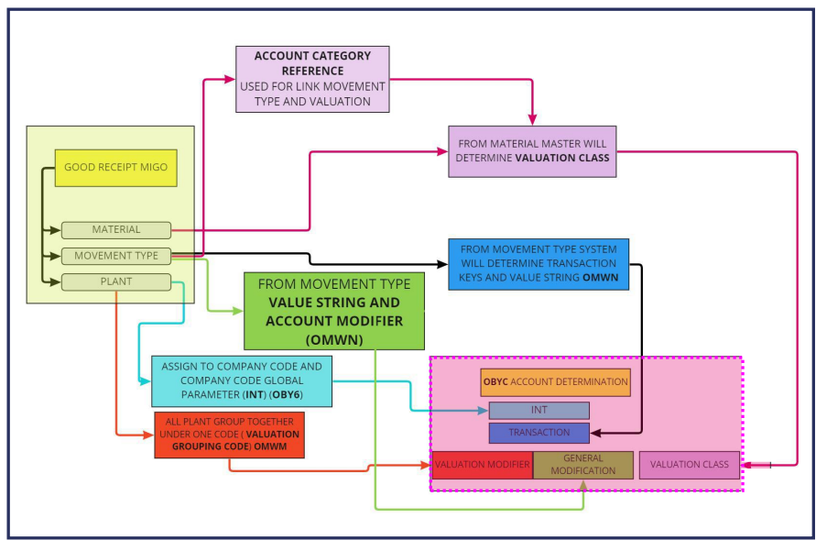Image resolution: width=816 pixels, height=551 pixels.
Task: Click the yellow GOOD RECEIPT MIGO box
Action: (x=115, y=168)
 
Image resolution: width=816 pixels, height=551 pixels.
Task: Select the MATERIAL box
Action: (x=116, y=230)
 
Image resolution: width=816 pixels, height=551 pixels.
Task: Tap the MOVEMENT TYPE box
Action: (x=116, y=256)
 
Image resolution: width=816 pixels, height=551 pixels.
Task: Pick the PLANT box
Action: (x=116, y=281)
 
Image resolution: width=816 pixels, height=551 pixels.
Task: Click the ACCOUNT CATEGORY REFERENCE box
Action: (x=312, y=79)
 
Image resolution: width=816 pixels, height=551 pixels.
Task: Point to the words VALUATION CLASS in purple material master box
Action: (x=562, y=158)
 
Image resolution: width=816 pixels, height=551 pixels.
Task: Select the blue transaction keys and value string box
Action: (x=539, y=264)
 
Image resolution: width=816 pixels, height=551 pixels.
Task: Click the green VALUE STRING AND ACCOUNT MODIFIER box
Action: (x=333, y=311)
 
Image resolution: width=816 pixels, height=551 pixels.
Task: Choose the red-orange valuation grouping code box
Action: (x=229, y=435)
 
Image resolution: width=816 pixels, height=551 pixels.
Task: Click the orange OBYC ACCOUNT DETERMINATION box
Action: (x=556, y=382)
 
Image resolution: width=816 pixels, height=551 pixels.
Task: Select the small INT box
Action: (x=539, y=411)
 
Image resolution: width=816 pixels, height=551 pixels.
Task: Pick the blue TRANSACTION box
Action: (x=539, y=433)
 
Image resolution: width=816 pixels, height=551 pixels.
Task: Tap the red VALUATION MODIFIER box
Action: (x=482, y=465)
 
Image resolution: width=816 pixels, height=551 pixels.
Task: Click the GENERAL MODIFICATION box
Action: (x=583, y=465)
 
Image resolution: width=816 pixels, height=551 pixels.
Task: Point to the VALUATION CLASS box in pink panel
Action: (x=689, y=465)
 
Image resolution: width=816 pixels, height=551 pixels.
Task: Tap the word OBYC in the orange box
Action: (x=495, y=382)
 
